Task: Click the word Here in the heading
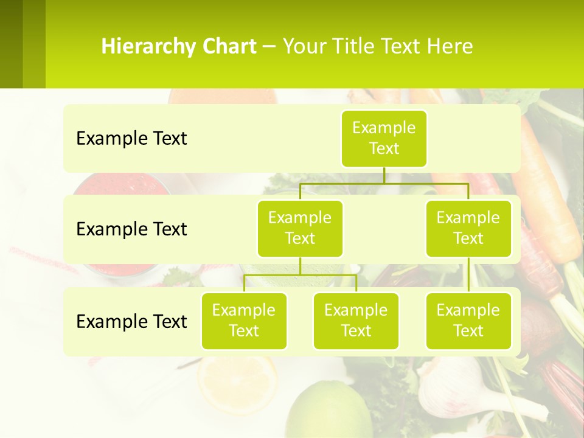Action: tap(450, 47)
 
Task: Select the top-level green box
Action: tap(384, 138)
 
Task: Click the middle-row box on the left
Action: tap(300, 228)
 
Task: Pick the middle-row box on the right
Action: tap(468, 228)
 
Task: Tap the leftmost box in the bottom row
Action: tap(244, 321)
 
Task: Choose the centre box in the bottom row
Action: tap(356, 321)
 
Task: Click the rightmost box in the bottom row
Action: tap(468, 321)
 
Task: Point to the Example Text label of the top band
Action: tap(131, 139)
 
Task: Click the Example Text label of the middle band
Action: tap(131, 229)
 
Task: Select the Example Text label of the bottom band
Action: tap(131, 321)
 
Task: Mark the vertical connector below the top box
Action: tap(384, 175)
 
